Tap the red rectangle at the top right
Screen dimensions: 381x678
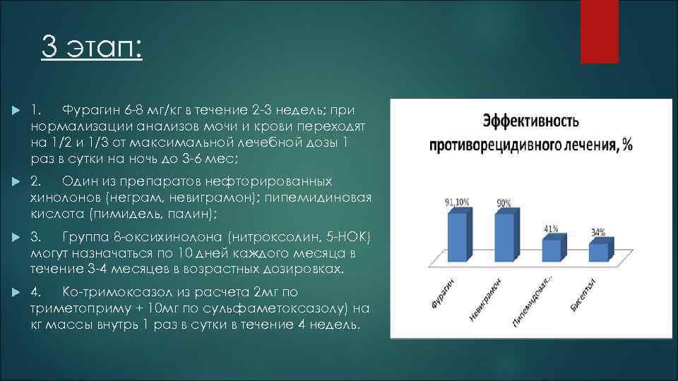pyautogui.click(x=599, y=31)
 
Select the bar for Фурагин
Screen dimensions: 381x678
pyautogui.click(x=458, y=236)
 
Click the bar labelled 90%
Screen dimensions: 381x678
pyautogui.click(x=504, y=236)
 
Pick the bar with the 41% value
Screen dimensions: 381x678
pyautogui.click(x=551, y=250)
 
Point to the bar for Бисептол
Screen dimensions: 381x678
pyautogui.click(x=598, y=252)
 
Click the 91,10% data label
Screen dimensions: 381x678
pyautogui.click(x=458, y=202)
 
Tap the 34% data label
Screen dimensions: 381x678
pyautogui.click(x=598, y=231)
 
